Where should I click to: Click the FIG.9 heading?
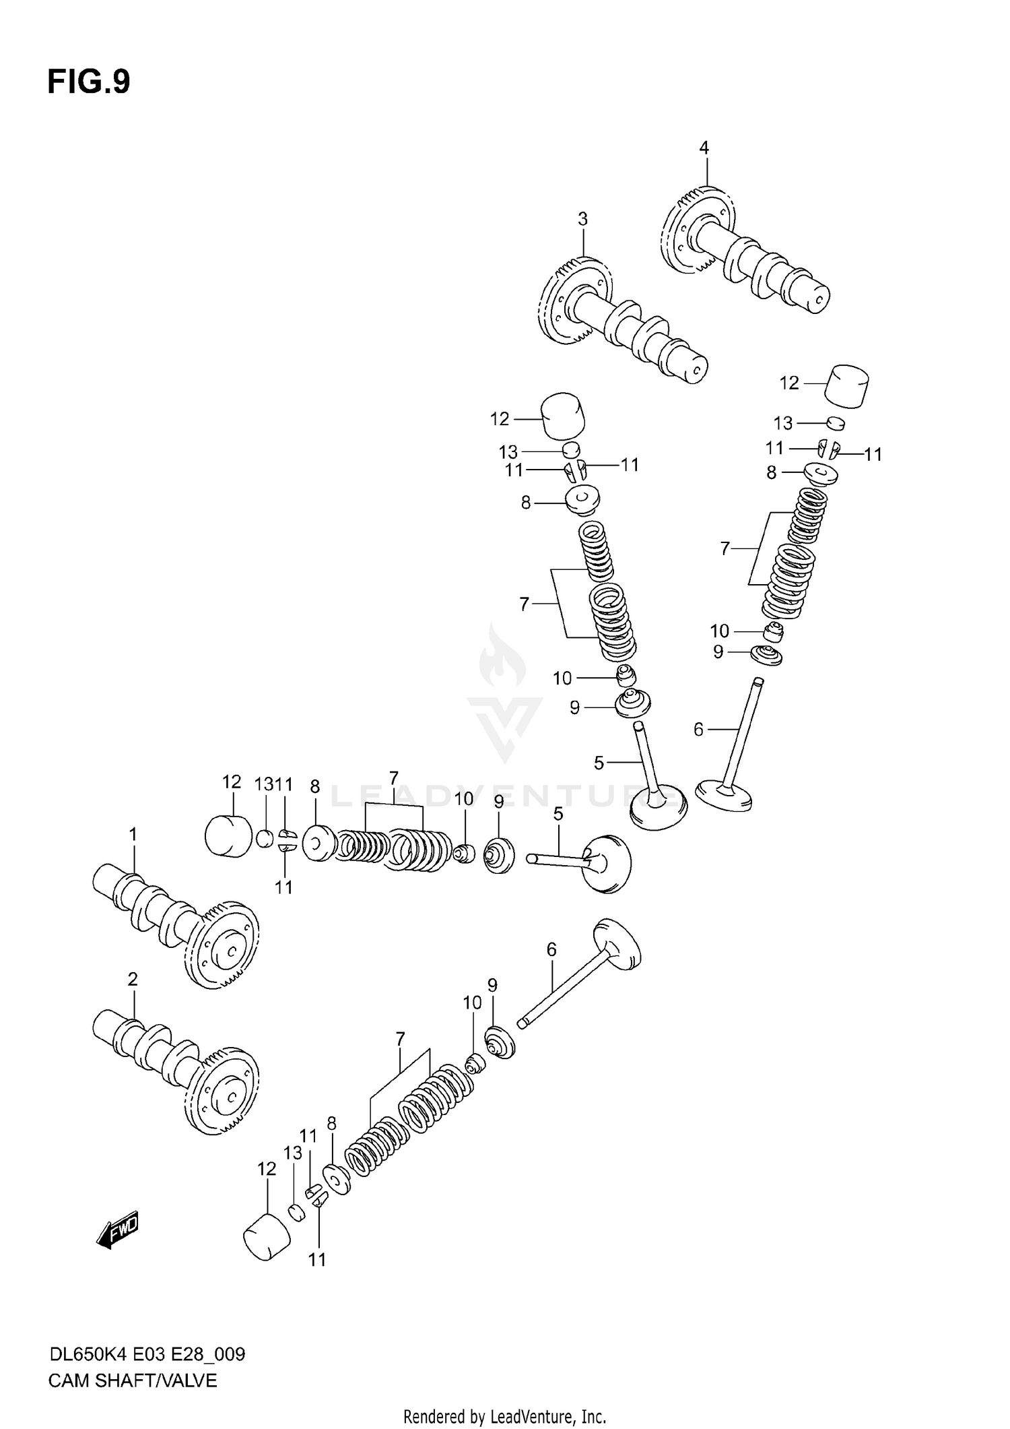(x=88, y=82)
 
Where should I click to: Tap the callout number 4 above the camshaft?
(x=704, y=148)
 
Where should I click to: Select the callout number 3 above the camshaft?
(x=582, y=219)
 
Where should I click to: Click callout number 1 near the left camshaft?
(x=133, y=835)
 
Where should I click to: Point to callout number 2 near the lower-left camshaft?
(x=133, y=979)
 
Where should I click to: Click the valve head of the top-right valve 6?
(x=724, y=795)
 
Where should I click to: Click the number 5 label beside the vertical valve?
(x=599, y=763)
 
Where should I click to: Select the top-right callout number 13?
(x=782, y=423)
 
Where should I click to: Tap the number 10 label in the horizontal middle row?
(x=464, y=799)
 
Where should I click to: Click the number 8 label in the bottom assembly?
(x=331, y=1123)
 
